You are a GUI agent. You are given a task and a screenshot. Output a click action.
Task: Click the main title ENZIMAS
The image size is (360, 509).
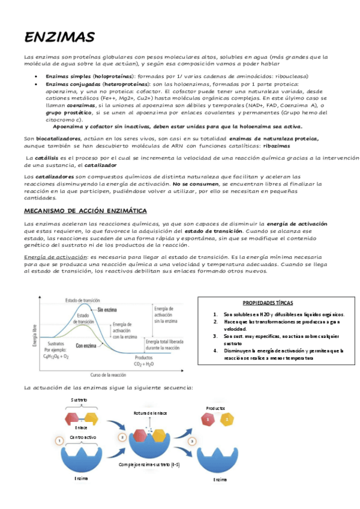tap(59, 38)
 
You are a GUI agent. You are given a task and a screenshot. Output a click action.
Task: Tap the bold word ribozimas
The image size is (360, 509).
tap(275, 146)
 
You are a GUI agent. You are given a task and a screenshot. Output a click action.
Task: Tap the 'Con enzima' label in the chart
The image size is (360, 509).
tap(88, 345)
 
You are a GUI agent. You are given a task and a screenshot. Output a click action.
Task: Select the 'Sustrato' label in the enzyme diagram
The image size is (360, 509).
tap(79, 399)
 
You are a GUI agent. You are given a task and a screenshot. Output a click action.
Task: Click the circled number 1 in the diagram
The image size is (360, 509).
tap(59, 441)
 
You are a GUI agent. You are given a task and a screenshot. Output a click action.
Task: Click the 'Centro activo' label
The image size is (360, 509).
tap(83, 437)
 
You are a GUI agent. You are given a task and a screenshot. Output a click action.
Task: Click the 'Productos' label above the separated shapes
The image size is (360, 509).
tap(215, 408)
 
